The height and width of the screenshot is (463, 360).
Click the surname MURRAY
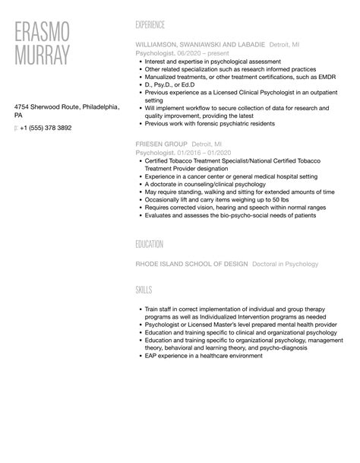point(43,55)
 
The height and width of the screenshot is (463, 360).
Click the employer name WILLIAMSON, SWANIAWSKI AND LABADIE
point(200,45)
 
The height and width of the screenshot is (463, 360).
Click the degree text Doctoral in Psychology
point(285,264)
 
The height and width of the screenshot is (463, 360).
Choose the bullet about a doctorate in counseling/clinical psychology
point(212,183)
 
